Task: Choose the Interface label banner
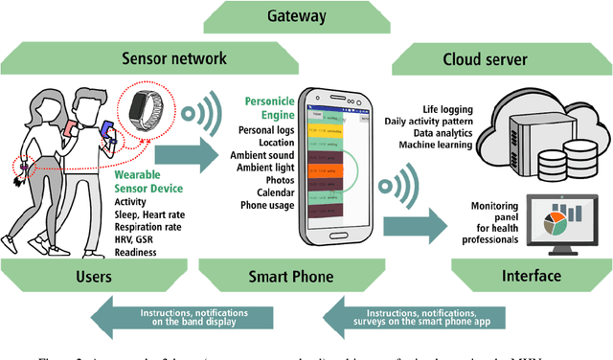click(x=532, y=277)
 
